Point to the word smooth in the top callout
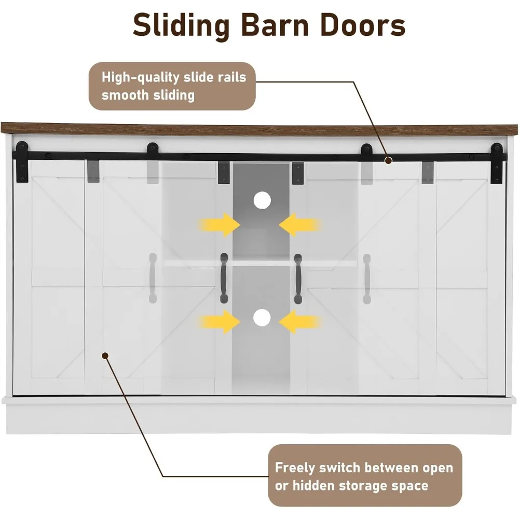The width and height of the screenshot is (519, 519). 125,95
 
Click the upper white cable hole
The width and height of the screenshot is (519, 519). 262,200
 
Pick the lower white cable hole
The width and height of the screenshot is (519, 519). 262,318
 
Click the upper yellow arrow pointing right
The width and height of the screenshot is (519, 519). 220,225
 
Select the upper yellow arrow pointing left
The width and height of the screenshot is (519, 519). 299,225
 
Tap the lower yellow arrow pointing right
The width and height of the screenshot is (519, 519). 220,321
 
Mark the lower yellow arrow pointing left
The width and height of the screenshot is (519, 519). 299,321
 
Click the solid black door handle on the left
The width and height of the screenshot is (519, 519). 224,278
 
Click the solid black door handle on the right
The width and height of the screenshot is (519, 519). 298,279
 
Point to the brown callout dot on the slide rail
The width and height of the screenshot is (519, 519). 389,160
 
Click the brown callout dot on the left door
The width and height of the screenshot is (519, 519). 105,356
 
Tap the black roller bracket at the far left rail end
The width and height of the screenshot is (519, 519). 22,162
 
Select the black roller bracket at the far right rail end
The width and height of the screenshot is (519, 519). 497,163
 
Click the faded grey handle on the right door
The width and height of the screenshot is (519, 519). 367,279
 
